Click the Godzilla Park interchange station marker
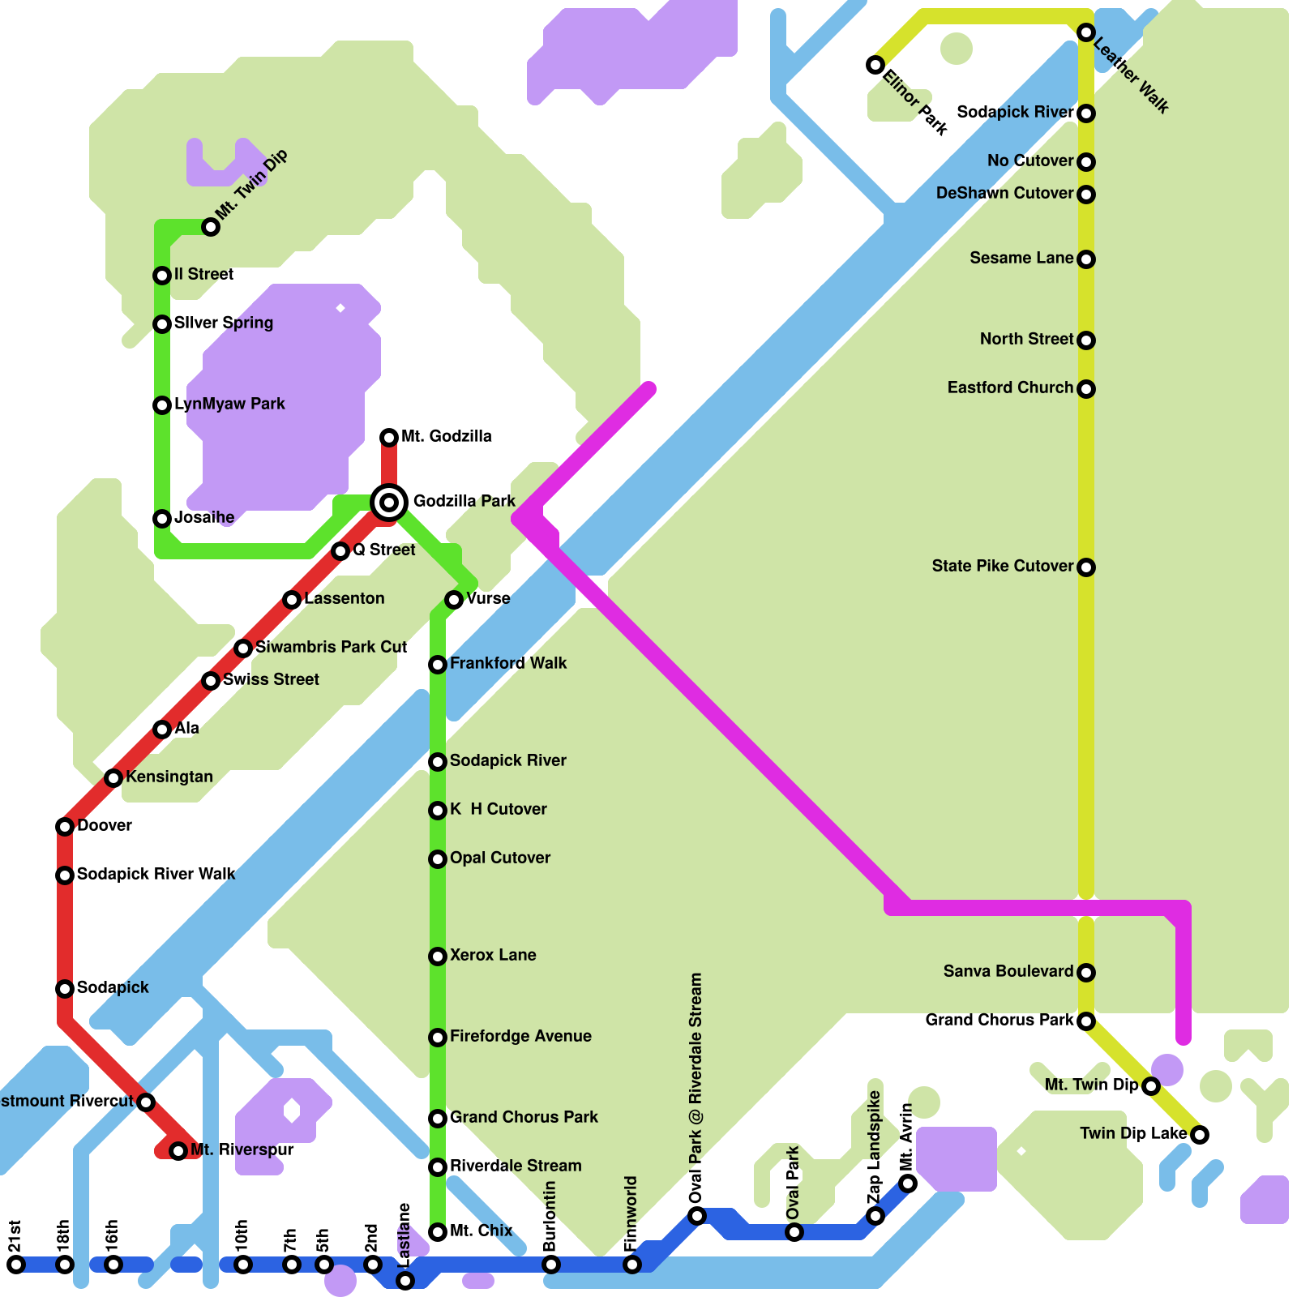[x=389, y=503]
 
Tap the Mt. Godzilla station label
[x=446, y=436]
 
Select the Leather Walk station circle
[x=1086, y=32]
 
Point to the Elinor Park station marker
[x=875, y=65]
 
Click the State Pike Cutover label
[x=1002, y=566]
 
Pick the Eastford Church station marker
[x=1086, y=389]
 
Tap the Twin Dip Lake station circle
[x=1200, y=1135]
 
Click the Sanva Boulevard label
[x=1008, y=971]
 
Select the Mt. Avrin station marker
[x=908, y=1184]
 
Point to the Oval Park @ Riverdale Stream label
[x=696, y=1089]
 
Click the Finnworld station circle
[x=632, y=1265]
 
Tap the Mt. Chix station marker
[x=438, y=1232]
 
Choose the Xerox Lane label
[x=493, y=955]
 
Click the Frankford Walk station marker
[x=438, y=665]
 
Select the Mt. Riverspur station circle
[x=178, y=1151]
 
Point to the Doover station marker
[x=65, y=827]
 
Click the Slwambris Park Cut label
[x=331, y=647]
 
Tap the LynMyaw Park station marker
[x=162, y=405]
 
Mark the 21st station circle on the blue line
[x=16, y=1265]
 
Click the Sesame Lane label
[x=1021, y=258]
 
